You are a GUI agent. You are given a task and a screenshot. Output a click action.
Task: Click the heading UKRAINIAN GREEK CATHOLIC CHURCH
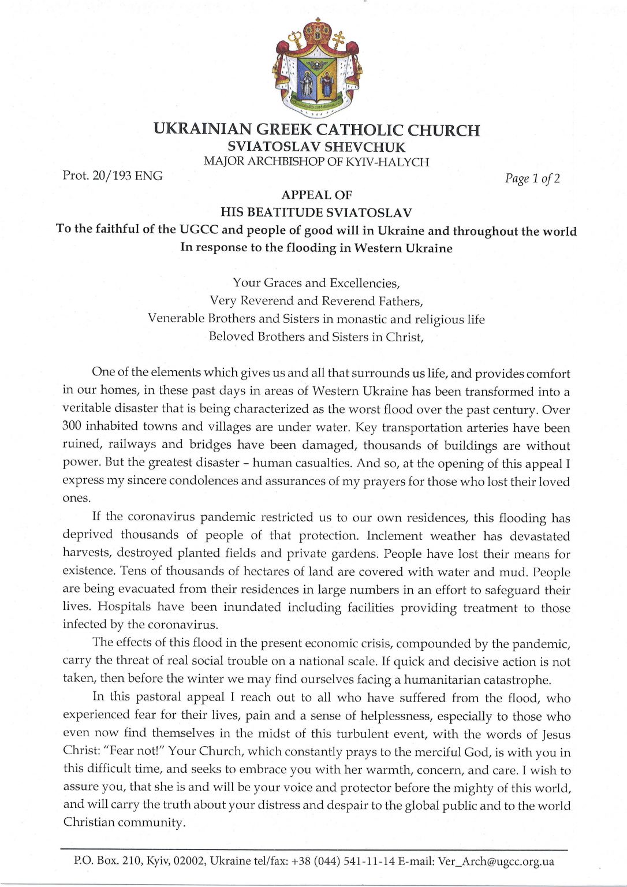pos(316,130)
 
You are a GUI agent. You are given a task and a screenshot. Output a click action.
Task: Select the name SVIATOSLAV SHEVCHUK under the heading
pos(316,147)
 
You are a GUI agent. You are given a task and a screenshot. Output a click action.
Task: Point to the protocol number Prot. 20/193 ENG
pos(113,176)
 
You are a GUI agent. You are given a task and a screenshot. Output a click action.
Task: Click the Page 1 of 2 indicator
pos(532,178)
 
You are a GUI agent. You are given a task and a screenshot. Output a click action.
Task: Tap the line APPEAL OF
pos(316,195)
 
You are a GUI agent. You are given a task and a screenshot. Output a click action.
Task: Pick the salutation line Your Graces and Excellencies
pos(316,283)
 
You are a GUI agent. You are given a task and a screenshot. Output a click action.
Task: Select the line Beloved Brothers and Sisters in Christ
pos(316,337)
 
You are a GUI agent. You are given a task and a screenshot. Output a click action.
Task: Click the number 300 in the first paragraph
pos(72,427)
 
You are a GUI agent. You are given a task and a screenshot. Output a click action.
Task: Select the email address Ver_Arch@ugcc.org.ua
pos(496,862)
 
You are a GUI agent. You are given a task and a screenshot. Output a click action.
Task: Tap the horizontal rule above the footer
pos(313,850)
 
